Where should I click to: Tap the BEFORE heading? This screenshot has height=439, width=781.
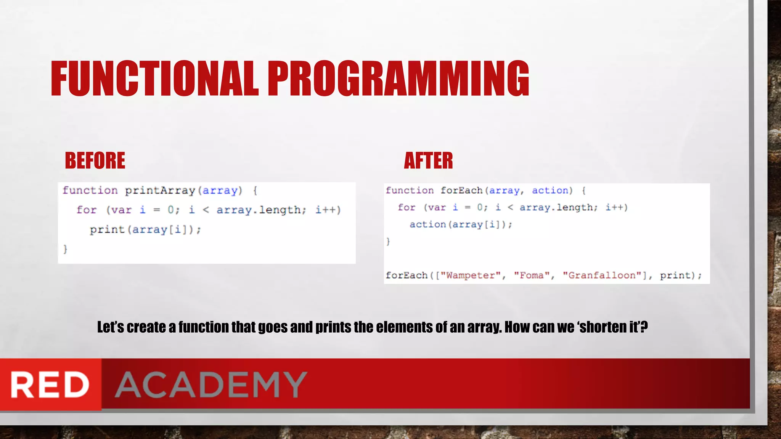click(x=95, y=160)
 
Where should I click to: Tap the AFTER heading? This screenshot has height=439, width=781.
click(x=428, y=160)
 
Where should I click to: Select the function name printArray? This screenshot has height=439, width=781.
click(x=160, y=190)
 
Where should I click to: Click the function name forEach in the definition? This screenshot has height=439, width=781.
click(x=461, y=190)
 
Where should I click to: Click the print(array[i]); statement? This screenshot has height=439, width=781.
click(x=145, y=230)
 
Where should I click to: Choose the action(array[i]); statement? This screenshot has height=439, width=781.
click(x=461, y=224)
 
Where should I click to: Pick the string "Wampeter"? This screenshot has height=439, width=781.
click(x=470, y=275)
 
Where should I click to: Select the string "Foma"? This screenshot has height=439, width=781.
click(x=532, y=275)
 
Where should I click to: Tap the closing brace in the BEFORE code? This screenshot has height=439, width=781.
click(x=65, y=249)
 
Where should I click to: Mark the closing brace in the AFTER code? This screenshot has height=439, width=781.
click(x=388, y=241)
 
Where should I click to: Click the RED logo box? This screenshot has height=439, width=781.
click(x=50, y=385)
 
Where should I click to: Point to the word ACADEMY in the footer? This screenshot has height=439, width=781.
click(x=211, y=385)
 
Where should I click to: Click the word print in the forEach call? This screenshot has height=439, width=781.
click(x=675, y=275)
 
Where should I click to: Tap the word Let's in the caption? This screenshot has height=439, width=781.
click(x=110, y=327)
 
